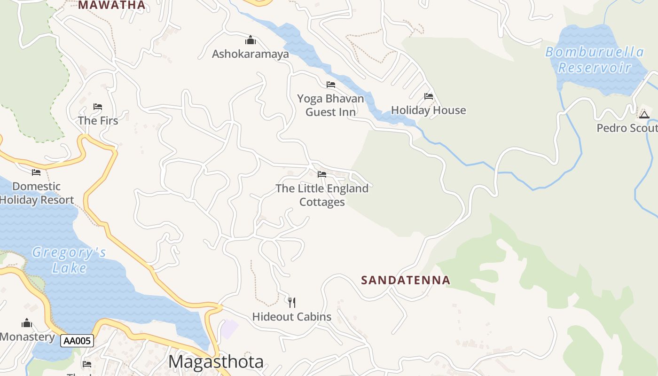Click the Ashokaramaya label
250,54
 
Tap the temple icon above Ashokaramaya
251,40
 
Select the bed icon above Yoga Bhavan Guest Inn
331,85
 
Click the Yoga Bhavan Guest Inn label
330,105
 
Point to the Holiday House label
428,110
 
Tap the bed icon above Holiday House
429,96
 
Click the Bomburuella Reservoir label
595,60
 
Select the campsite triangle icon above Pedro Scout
644,114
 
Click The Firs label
98,121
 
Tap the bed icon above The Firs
98,107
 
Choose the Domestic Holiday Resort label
37,193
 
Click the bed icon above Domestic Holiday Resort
36,172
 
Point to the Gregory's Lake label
69,260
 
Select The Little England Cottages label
322,195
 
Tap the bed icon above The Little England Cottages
322,174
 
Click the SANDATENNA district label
406,281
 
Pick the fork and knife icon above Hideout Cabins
292,302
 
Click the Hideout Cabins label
291,317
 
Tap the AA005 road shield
77,341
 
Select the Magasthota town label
216,362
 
